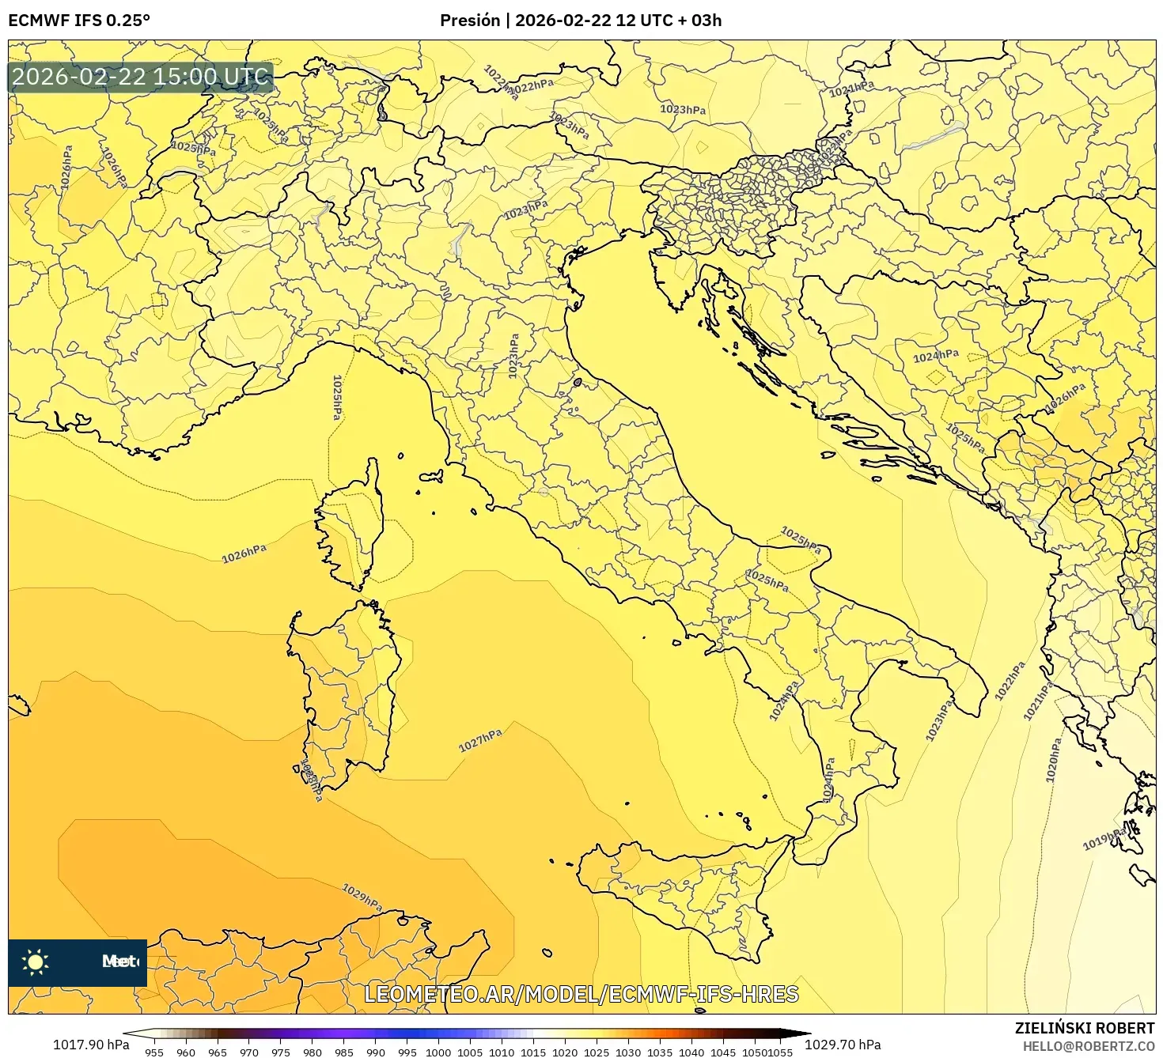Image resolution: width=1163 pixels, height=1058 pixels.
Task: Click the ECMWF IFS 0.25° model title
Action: click(x=79, y=21)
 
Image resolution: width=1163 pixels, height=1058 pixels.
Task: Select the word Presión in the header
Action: click(x=470, y=21)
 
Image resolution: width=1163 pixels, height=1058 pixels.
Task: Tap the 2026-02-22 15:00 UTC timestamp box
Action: click(x=141, y=77)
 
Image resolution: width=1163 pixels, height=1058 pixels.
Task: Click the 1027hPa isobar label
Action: click(x=480, y=740)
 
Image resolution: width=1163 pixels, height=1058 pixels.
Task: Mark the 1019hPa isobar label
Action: click(x=1104, y=839)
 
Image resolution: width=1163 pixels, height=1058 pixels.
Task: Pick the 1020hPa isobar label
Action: click(x=1053, y=760)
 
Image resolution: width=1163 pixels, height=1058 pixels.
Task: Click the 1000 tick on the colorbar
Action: click(x=438, y=1052)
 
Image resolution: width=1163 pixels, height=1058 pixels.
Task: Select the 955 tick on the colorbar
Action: click(x=154, y=1052)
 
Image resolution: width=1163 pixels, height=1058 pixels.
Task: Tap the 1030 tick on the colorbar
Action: click(x=628, y=1052)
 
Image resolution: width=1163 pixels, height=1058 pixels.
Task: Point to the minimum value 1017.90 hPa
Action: click(x=91, y=1045)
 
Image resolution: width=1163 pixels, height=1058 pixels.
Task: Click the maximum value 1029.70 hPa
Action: click(x=843, y=1045)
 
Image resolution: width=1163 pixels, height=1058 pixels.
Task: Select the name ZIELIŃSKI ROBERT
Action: click(x=1085, y=1028)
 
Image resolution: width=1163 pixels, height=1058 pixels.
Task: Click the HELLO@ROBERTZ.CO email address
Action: click(x=1089, y=1046)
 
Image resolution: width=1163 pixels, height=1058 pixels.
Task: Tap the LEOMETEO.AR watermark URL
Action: click(x=581, y=994)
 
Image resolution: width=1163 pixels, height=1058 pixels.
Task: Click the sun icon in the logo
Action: click(x=36, y=962)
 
